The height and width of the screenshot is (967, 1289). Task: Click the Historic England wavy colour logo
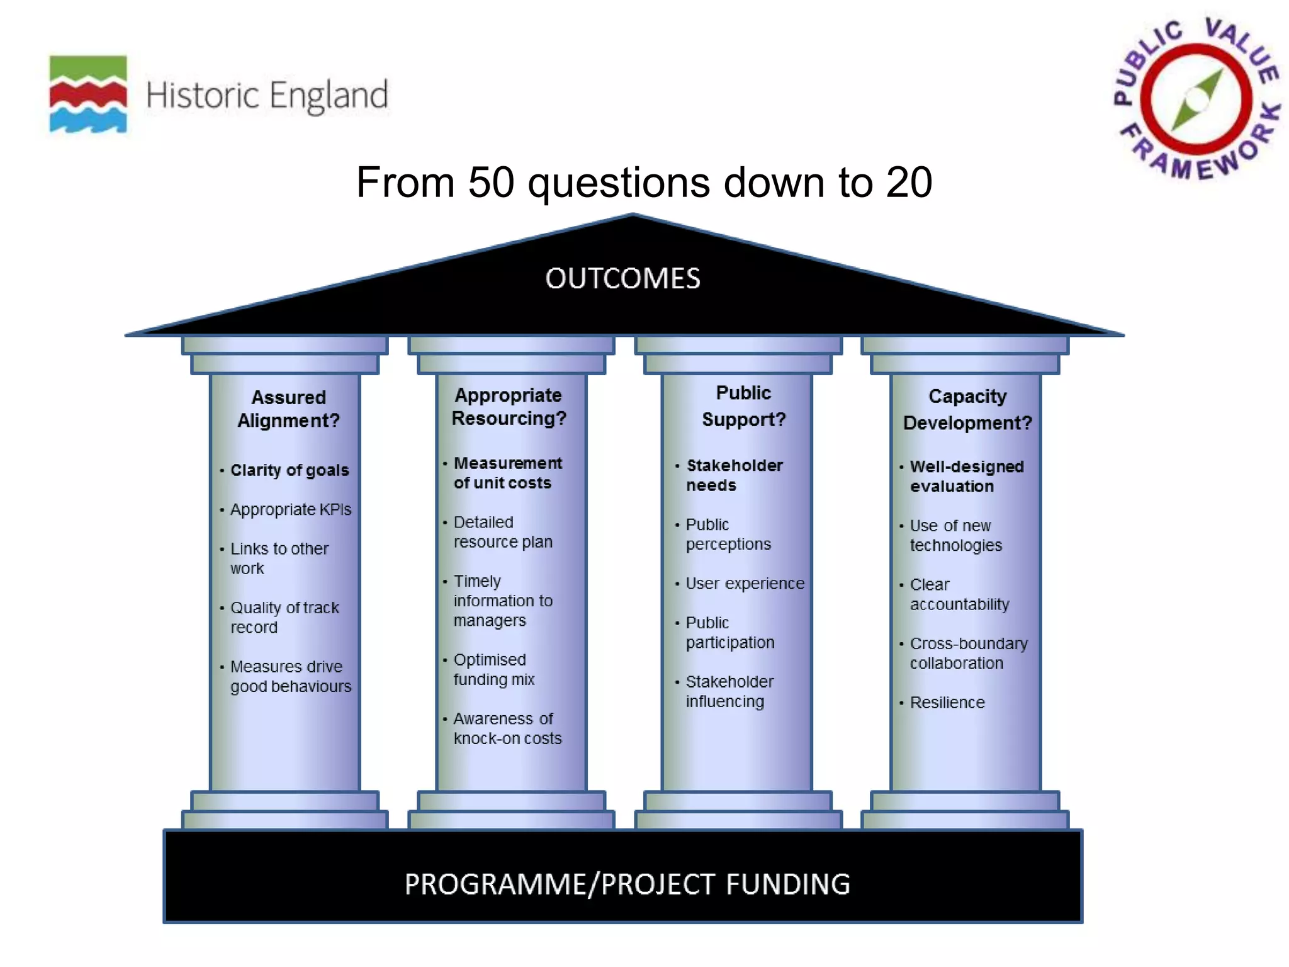click(88, 94)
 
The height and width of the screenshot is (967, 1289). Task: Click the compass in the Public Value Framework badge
click(1196, 100)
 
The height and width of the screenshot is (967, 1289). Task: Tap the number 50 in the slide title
click(491, 183)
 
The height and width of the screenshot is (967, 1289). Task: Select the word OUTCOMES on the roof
click(622, 279)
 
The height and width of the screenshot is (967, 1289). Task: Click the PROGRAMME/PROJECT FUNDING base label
click(627, 884)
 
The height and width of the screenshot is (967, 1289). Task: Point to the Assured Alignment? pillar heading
click(288, 409)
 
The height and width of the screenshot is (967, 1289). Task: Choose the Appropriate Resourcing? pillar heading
click(509, 407)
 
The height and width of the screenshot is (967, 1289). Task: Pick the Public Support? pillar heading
click(743, 406)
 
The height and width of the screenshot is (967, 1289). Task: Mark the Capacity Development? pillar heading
click(967, 409)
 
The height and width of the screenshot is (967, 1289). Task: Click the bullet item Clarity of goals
click(289, 470)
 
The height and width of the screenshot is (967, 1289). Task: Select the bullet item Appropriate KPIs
click(290, 509)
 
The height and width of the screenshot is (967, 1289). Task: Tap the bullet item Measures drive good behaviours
click(290, 676)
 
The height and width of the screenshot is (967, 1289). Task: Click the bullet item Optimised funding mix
click(493, 669)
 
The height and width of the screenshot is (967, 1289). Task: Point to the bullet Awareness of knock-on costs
click(507, 728)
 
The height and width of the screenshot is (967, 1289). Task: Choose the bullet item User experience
click(745, 584)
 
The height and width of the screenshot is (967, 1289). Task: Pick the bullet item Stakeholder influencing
click(729, 691)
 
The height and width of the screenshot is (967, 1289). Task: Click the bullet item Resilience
click(947, 703)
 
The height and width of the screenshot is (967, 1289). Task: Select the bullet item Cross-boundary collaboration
click(968, 653)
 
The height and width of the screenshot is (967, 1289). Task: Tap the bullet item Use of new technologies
click(955, 535)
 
